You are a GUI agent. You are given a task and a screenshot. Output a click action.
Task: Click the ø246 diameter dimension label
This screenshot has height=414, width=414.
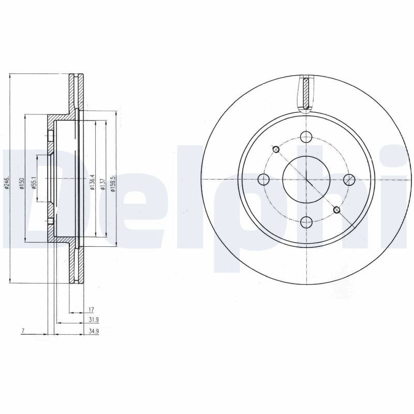coord(7,182)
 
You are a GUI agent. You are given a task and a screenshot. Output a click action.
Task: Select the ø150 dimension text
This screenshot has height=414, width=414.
coord(22,184)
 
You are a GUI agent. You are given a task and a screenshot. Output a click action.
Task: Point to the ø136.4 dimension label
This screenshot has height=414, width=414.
coord(92,183)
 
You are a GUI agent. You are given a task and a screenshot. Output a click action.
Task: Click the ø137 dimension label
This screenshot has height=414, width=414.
coord(103,184)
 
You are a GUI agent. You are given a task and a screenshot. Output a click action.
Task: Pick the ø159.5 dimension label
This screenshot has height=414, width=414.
coord(114,183)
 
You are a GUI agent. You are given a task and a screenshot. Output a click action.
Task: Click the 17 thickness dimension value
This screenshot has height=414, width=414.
coord(91,309)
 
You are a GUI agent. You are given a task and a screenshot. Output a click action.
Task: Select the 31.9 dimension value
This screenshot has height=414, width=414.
coord(94,320)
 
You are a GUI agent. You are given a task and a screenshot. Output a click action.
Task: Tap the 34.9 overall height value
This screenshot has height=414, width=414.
coord(94,331)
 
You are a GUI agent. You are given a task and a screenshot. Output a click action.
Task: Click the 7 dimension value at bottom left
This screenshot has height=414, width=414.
coord(23,331)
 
